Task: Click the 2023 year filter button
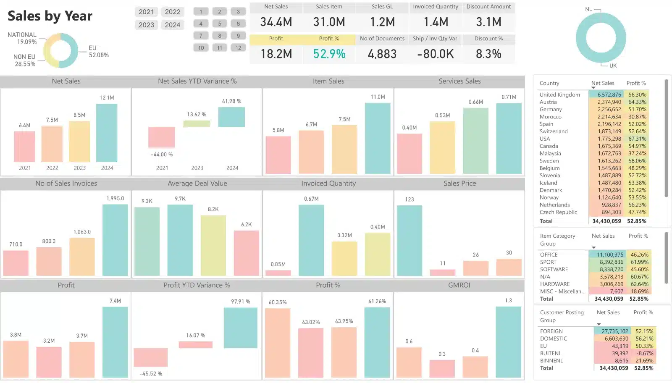click(x=146, y=25)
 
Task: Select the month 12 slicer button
click(x=238, y=48)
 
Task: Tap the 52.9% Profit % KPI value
click(x=329, y=54)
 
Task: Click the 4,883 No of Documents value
click(x=382, y=54)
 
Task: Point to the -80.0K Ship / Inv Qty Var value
click(x=436, y=54)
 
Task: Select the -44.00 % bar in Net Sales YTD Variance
click(x=161, y=137)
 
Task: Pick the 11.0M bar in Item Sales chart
click(x=378, y=138)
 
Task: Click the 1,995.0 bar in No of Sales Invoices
click(x=115, y=240)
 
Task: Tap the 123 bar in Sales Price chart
click(x=409, y=240)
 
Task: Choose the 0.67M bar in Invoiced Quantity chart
click(x=311, y=240)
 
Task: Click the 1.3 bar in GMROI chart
click(x=508, y=342)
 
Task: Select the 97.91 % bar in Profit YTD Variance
click(x=240, y=328)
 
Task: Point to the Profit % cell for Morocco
click(x=637, y=117)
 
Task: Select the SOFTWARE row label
click(x=554, y=269)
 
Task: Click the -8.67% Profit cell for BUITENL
click(x=645, y=353)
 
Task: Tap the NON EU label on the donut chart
click(x=24, y=57)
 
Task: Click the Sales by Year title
click(x=50, y=16)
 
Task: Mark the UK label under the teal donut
click(x=613, y=66)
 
